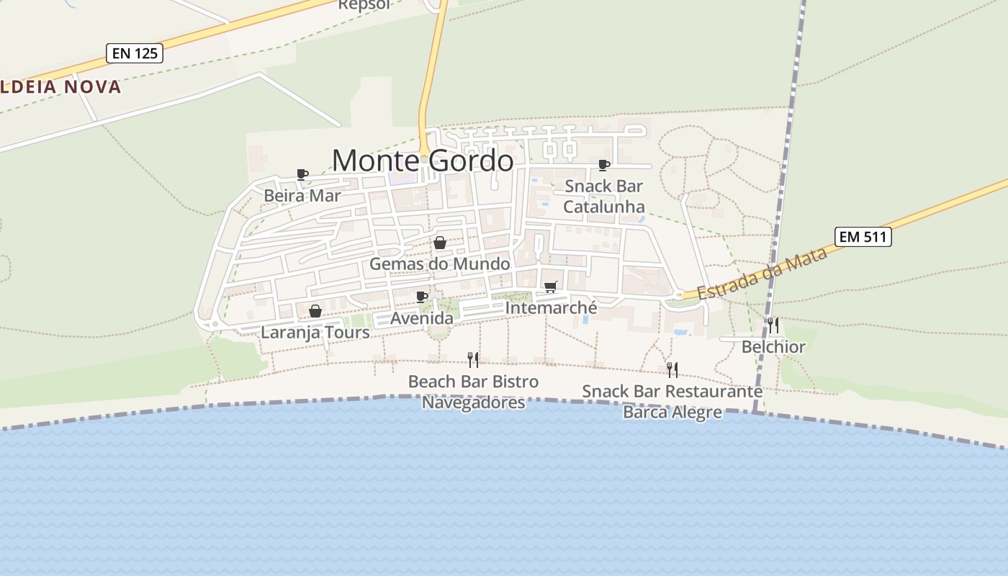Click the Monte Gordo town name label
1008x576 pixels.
[x=423, y=160]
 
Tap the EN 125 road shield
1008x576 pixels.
[x=135, y=53]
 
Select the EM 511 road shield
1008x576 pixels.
[x=863, y=236]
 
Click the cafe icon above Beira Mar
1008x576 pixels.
[x=302, y=174]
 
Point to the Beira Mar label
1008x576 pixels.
[x=302, y=195]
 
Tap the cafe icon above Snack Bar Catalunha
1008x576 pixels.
[x=604, y=166]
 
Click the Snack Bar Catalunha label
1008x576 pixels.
[x=603, y=197]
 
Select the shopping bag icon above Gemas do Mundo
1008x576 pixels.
[x=440, y=243]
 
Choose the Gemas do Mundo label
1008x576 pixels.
[x=439, y=264]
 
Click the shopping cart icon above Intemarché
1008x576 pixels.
[x=551, y=287]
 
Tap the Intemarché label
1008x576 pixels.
[x=551, y=308]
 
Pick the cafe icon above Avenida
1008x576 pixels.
[x=422, y=297]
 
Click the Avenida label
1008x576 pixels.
[x=422, y=318]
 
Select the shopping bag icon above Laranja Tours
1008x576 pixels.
[x=315, y=311]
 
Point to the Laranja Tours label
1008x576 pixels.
[x=315, y=333]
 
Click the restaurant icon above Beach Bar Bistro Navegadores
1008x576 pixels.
[x=473, y=359]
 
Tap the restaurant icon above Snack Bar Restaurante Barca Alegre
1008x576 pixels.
[x=672, y=369]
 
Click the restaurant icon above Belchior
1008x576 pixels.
[x=773, y=325]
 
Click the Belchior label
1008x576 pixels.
[x=773, y=347]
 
